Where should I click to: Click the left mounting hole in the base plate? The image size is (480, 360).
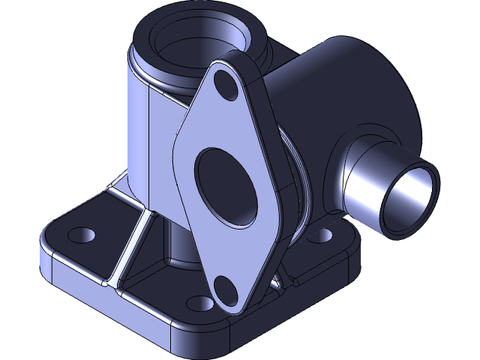(x=81, y=235)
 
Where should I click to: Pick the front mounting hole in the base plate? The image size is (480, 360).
(x=199, y=304)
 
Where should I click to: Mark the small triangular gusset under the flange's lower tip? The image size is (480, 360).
(x=275, y=283)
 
